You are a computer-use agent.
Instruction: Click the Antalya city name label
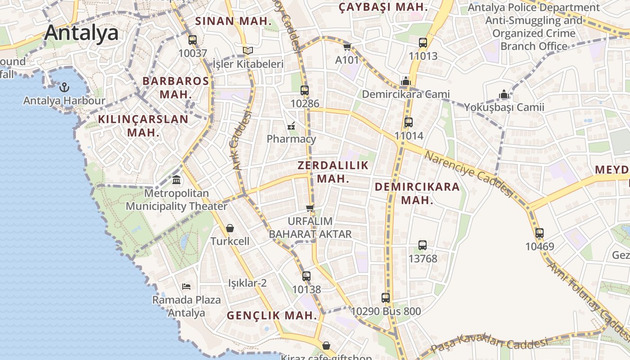(x=81, y=32)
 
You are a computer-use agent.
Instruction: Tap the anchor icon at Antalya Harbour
(x=64, y=87)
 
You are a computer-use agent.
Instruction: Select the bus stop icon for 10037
(x=193, y=40)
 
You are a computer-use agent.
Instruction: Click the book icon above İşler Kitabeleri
(x=247, y=50)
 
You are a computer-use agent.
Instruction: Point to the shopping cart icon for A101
(x=347, y=47)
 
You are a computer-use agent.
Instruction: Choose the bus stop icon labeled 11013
(x=423, y=43)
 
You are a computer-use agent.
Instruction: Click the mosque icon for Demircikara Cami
(x=406, y=81)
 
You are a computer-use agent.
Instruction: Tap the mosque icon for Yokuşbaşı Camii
(x=504, y=94)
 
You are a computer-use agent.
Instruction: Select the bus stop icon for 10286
(x=305, y=90)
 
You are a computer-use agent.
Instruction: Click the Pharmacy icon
(x=291, y=126)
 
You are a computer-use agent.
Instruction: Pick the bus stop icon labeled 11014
(x=409, y=122)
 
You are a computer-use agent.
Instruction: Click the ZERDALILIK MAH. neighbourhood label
(x=333, y=172)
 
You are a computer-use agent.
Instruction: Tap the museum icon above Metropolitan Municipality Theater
(x=177, y=180)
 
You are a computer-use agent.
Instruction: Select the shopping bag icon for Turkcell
(x=230, y=228)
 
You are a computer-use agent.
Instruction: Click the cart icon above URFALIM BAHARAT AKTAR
(x=310, y=207)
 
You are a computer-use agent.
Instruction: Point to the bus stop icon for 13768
(x=423, y=245)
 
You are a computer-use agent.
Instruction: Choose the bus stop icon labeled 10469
(x=540, y=233)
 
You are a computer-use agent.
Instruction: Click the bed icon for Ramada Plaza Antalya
(x=186, y=286)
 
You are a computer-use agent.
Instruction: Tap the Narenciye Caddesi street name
(x=469, y=174)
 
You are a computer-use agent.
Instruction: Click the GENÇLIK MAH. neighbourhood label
(x=272, y=315)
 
